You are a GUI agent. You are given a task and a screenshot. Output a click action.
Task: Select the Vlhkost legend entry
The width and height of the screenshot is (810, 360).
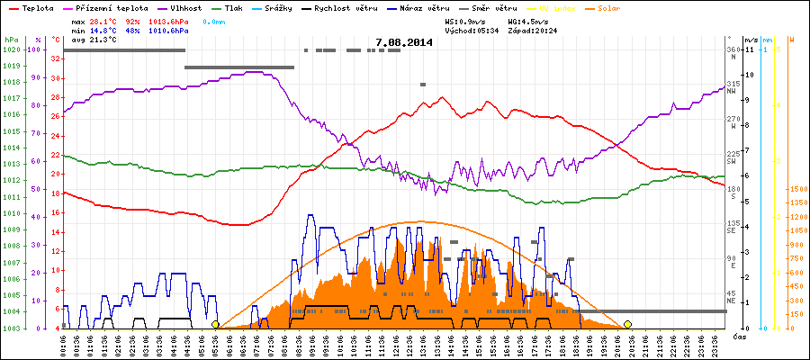point(182,7)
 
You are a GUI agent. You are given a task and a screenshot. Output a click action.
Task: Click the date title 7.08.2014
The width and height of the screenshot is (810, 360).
point(404,42)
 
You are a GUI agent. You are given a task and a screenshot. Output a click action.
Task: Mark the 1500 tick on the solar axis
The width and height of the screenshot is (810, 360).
point(796,190)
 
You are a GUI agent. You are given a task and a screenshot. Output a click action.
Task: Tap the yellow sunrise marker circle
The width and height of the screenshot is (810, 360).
point(215,324)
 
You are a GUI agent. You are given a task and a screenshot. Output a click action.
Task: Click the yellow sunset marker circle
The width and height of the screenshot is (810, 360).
point(627,324)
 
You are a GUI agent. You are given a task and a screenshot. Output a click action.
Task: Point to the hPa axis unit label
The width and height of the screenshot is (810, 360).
point(11,40)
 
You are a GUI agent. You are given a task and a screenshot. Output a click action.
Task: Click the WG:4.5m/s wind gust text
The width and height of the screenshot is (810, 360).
point(527,21)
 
